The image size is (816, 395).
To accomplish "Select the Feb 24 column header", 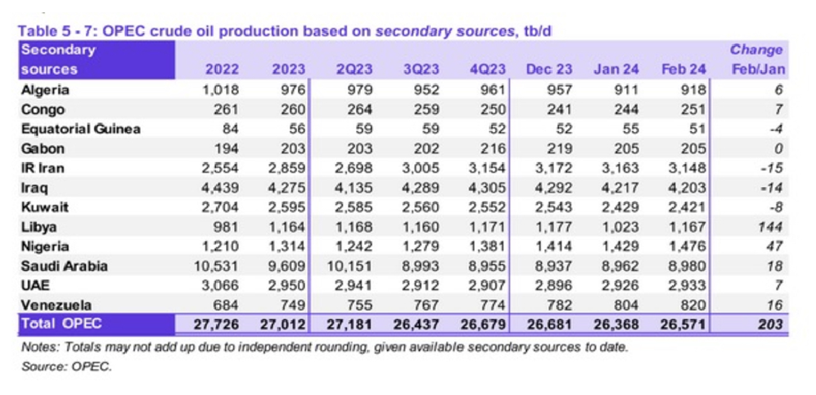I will [683, 69].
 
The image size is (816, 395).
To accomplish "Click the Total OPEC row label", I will [56, 325].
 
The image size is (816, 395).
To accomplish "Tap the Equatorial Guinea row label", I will [81, 129].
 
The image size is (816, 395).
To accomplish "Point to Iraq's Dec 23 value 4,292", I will [555, 188].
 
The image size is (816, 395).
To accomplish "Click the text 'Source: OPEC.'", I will [66, 366].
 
